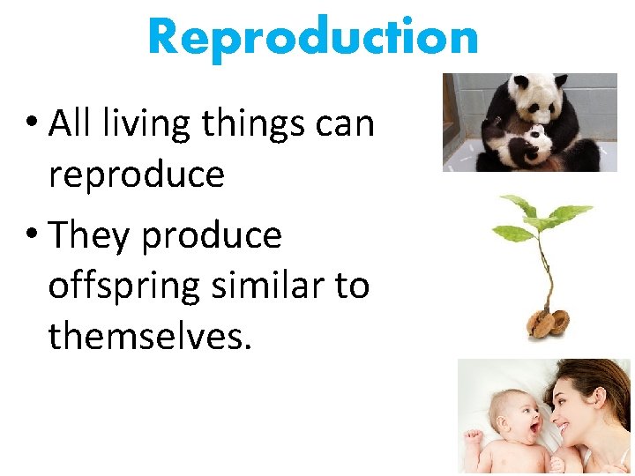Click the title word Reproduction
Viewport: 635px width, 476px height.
coord(313,37)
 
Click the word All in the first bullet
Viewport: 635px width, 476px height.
coord(73,123)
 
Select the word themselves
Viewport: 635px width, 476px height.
coord(150,336)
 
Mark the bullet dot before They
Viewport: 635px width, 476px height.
coord(33,236)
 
